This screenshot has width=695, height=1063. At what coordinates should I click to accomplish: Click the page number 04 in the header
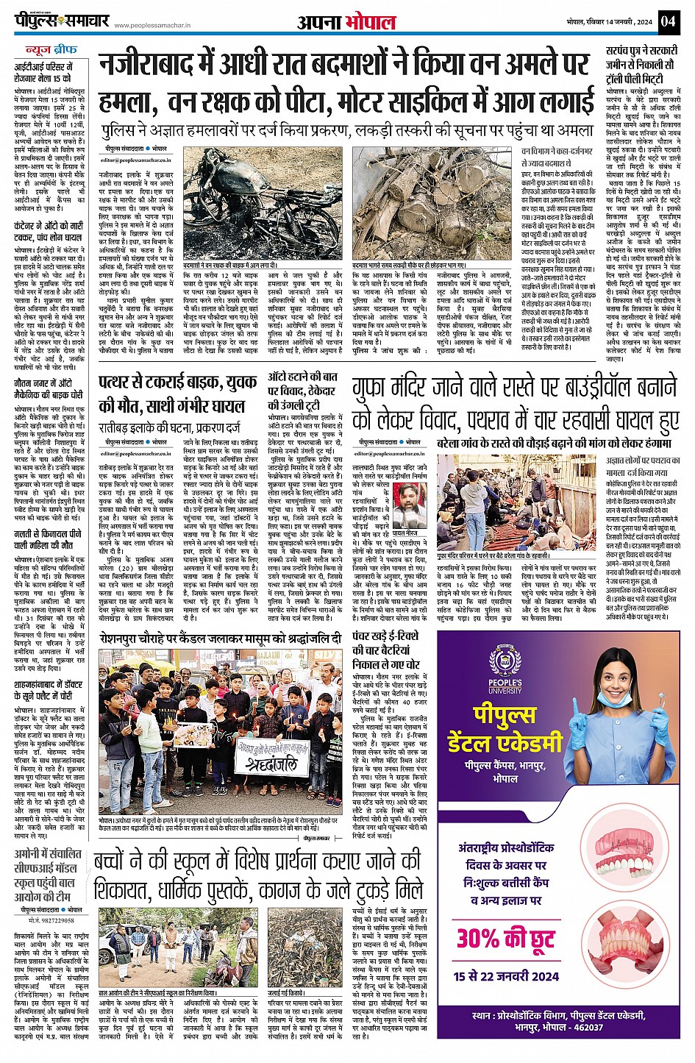pyautogui.click(x=668, y=21)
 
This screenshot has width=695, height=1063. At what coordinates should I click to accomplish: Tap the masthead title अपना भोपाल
pyautogui.click(x=346, y=22)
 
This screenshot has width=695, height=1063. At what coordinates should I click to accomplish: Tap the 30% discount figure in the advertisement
pyautogui.click(x=505, y=938)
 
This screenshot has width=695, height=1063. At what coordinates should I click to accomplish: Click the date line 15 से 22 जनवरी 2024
pyautogui.click(x=506, y=976)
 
